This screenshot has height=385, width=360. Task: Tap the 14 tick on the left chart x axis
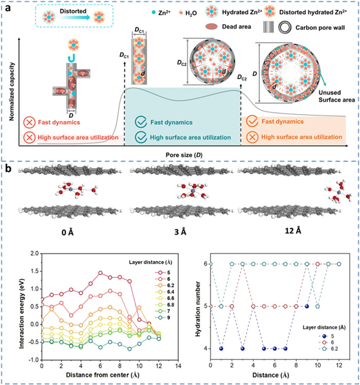pyautogui.click(x=176, y=366)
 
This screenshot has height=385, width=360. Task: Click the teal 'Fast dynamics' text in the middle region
pyautogui.click(x=167, y=122)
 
